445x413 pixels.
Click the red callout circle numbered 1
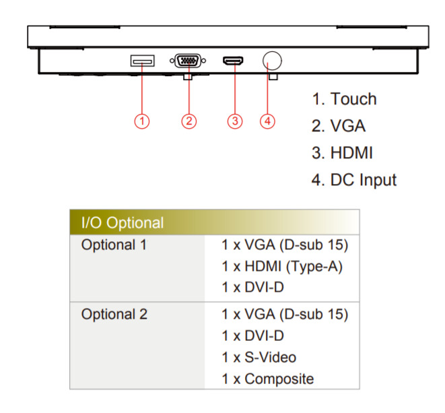pos(141,121)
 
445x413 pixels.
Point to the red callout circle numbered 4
pos(268,121)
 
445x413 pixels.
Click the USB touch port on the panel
pos(142,61)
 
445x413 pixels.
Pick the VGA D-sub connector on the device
pos(189,61)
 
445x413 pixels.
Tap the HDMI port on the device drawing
pos(234,61)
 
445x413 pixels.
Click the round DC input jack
pos(272,61)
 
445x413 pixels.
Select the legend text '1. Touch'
pos(343,99)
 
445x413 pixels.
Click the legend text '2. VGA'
pos(339,126)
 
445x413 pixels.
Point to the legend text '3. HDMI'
pos(342,153)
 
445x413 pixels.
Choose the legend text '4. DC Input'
pos(353,180)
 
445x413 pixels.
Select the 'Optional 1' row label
pos(114,244)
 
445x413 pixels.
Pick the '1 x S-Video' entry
pos(259,357)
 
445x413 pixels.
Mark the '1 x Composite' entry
pos(267,379)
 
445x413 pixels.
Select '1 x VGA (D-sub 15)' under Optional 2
pos(285,314)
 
